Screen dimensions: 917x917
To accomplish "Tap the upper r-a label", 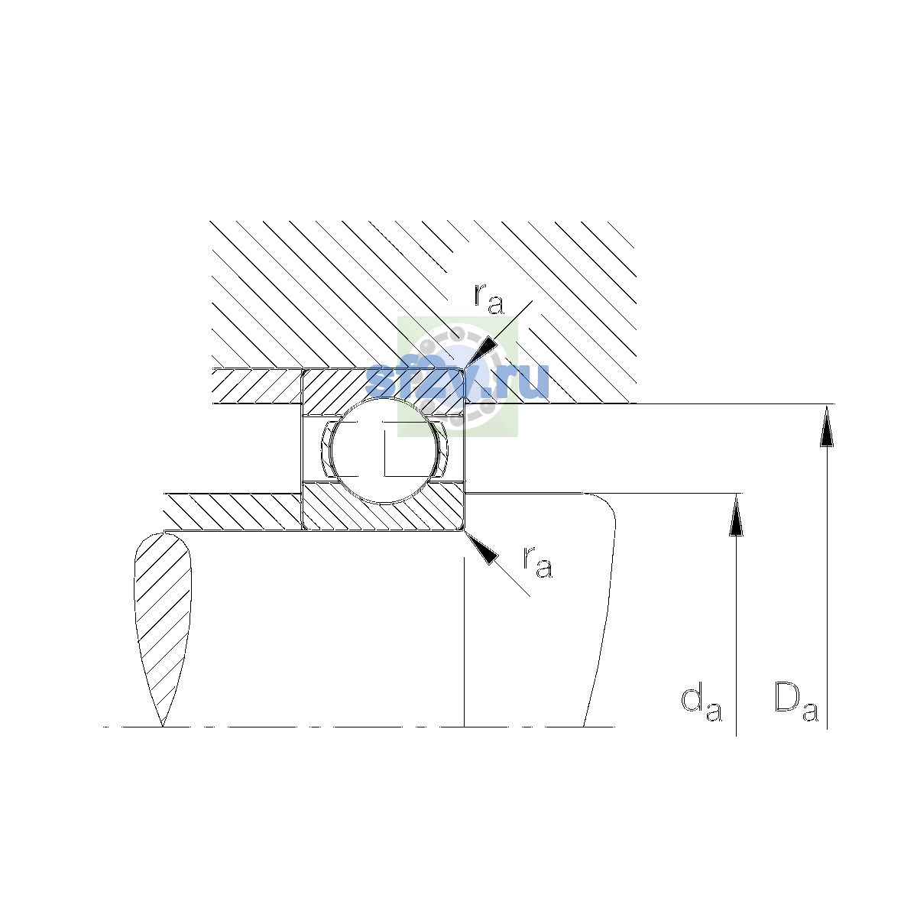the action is [489, 299].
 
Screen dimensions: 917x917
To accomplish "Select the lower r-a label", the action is [538, 562].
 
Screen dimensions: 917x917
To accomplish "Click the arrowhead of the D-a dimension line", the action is [827, 426].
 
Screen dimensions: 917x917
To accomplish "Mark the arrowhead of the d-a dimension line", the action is [736, 514].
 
